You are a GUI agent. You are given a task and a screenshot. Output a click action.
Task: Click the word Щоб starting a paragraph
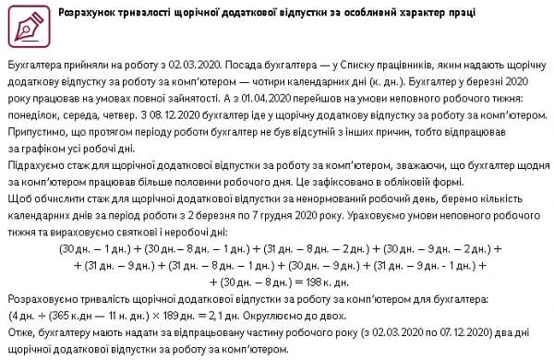pyautogui.click(x=18, y=198)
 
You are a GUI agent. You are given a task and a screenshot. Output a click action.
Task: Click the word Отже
pyautogui.click(x=20, y=329)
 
